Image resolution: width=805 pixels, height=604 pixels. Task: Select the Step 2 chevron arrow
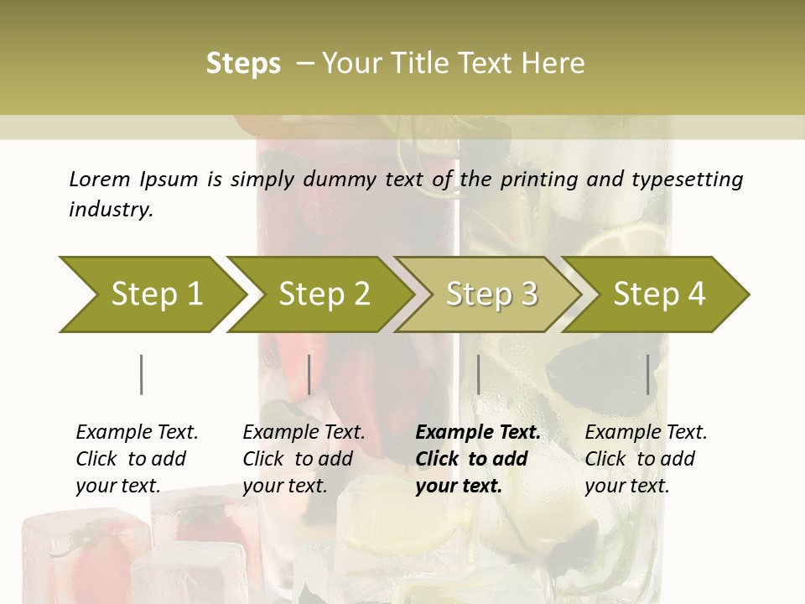click(324, 294)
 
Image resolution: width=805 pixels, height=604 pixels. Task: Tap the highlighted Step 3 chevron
click(491, 294)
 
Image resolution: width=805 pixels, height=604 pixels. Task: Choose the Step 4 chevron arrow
click(659, 294)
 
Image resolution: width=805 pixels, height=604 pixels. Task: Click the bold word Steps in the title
click(243, 64)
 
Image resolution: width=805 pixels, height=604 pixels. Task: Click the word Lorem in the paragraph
click(99, 180)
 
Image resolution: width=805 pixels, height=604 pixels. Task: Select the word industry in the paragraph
click(111, 210)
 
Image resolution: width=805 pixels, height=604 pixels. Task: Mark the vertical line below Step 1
click(141, 374)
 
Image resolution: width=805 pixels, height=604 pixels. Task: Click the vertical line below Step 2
click(309, 374)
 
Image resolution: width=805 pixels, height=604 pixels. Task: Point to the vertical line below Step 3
click(478, 374)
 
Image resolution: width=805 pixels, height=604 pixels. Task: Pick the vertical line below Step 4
click(648, 374)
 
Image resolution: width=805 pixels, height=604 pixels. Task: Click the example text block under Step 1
click(137, 459)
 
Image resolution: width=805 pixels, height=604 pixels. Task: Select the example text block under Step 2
click(304, 459)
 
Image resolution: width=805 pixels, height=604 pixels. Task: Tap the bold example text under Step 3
click(478, 459)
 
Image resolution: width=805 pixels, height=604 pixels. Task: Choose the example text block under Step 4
click(646, 459)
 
